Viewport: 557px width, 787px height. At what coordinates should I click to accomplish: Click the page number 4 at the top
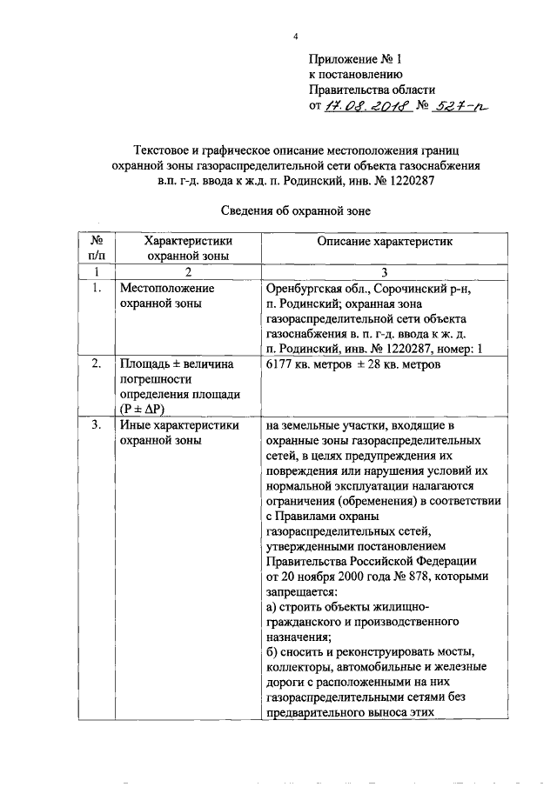pyautogui.click(x=295, y=37)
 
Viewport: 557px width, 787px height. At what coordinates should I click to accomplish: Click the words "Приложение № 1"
pyautogui.click(x=357, y=59)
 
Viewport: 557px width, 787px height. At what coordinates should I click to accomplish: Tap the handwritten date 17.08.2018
pyautogui.click(x=360, y=108)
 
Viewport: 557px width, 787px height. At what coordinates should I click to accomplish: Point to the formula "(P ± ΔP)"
pyautogui.click(x=149, y=408)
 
